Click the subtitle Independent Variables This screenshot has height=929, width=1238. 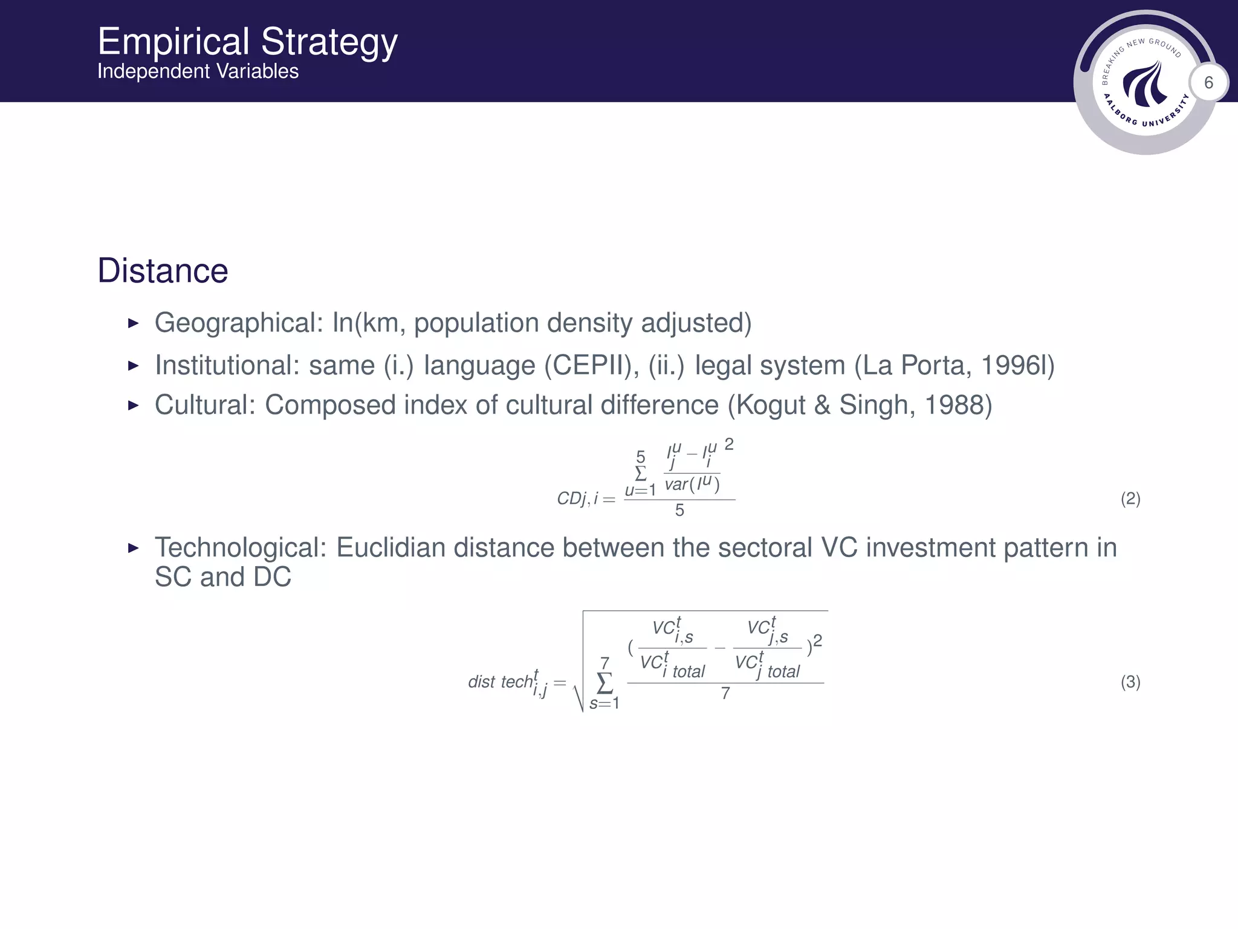198,71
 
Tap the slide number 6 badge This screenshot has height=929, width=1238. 1208,82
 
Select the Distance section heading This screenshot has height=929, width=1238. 163,270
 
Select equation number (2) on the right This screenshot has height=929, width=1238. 1130,499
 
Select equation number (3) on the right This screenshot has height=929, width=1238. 1130,682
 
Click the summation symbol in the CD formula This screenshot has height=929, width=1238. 640,473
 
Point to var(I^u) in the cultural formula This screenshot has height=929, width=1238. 692,484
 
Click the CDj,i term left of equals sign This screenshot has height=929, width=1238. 577,499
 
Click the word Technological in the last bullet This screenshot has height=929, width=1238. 240,547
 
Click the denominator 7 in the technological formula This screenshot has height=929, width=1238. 725,693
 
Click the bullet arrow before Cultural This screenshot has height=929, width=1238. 134,405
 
